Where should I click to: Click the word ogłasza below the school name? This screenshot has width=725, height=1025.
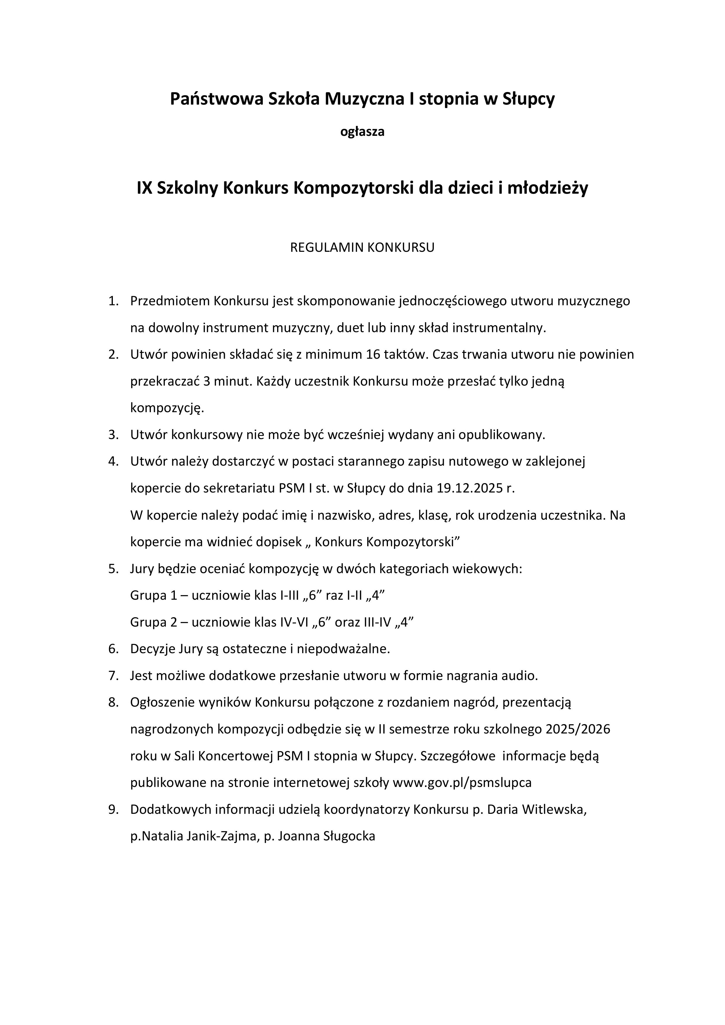(362, 132)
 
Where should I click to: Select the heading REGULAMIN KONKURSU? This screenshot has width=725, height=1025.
(362, 248)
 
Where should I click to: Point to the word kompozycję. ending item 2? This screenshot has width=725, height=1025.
(167, 408)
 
